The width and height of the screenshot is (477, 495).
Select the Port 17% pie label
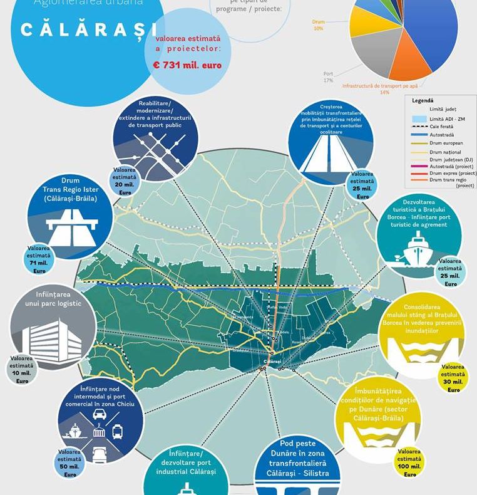pos(328,77)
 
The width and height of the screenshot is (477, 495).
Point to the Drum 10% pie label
pos(319,25)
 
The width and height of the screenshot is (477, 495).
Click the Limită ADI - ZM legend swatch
pos(419,118)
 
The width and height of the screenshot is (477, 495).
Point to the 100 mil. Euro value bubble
pos(409,462)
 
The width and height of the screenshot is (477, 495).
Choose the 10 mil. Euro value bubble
pos(23,370)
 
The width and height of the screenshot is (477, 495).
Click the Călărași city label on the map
pos(273,362)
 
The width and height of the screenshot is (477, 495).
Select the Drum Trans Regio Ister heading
pos(71,189)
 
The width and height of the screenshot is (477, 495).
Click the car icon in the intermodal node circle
pos(99,415)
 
